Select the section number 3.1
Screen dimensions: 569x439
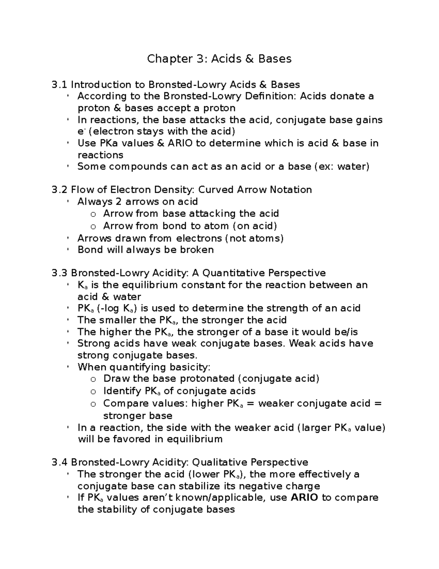(x=60, y=85)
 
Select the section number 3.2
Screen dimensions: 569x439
(x=60, y=190)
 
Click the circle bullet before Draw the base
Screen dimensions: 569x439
(x=93, y=380)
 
